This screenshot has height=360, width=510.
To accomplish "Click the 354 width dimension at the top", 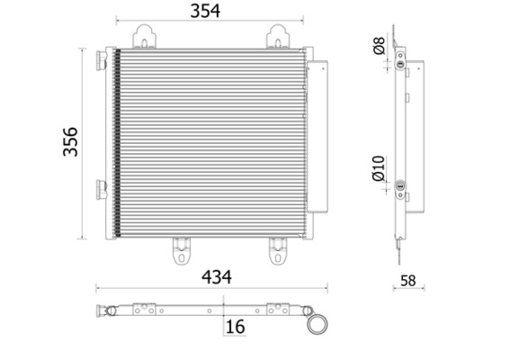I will [x=211, y=11].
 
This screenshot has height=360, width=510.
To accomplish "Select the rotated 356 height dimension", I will [x=70, y=142].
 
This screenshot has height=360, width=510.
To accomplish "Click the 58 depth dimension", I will [x=408, y=282].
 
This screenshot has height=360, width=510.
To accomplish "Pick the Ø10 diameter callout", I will [x=378, y=168].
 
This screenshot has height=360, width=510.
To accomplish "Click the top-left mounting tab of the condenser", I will [x=145, y=38].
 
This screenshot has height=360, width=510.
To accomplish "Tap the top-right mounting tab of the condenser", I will [x=277, y=38].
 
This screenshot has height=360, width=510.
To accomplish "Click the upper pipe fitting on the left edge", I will [x=101, y=59].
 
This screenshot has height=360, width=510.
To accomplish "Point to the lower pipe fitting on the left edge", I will [x=102, y=189].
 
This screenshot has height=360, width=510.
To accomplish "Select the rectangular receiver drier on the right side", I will [x=318, y=135].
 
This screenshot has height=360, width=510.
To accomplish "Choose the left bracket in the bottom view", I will [x=145, y=309].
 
